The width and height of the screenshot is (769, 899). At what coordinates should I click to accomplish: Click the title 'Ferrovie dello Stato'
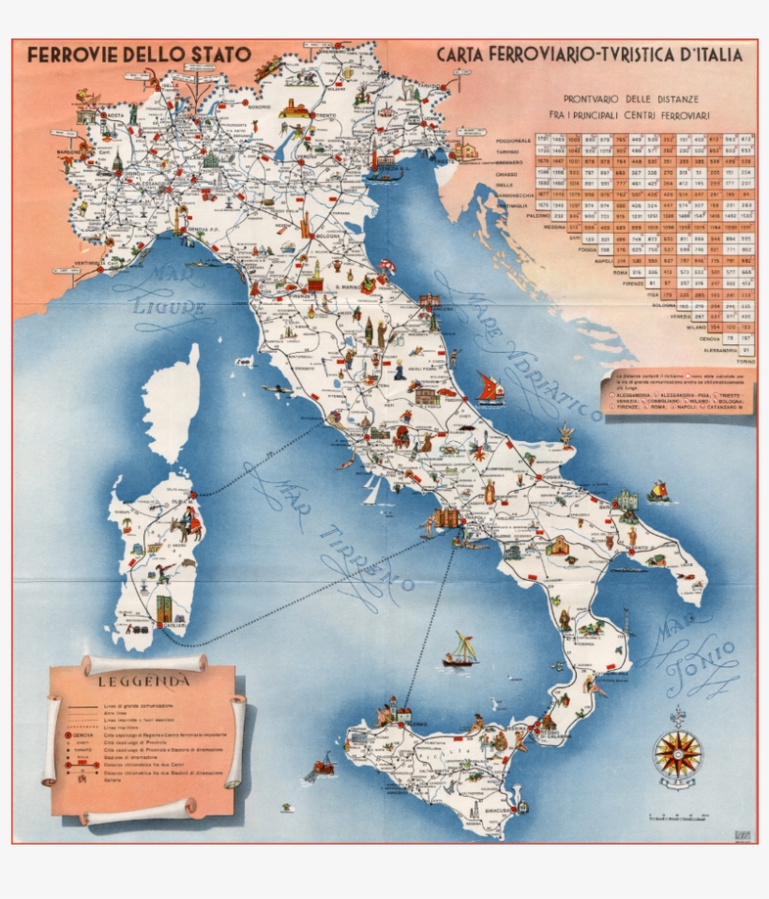(x=139, y=54)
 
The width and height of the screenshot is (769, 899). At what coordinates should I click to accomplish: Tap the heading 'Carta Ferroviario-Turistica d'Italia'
(x=589, y=54)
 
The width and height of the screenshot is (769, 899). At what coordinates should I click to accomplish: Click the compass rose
(x=678, y=752)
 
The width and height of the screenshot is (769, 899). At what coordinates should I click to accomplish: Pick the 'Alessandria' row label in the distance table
(x=721, y=349)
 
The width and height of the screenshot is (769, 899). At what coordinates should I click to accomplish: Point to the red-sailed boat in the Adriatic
(x=490, y=389)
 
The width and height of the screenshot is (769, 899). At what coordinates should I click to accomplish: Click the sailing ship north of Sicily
(x=460, y=649)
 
